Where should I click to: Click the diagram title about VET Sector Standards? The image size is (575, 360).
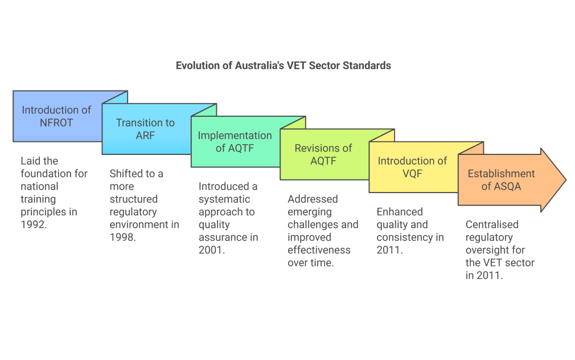(283, 66)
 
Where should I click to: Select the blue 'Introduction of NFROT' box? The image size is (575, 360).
(56, 116)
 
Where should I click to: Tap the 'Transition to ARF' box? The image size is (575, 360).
(145, 129)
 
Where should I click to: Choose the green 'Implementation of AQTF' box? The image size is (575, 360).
(235, 142)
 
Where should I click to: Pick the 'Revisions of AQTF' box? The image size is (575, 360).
(323, 154)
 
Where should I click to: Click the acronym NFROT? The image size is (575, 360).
(56, 122)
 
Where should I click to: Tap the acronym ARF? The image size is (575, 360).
(145, 136)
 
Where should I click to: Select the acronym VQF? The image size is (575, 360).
(412, 174)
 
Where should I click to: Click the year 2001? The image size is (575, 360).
(211, 249)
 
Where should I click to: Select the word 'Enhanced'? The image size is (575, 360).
(400, 212)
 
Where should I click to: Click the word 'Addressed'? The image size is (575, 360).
(313, 199)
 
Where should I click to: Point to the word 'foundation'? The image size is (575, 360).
(54, 173)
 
